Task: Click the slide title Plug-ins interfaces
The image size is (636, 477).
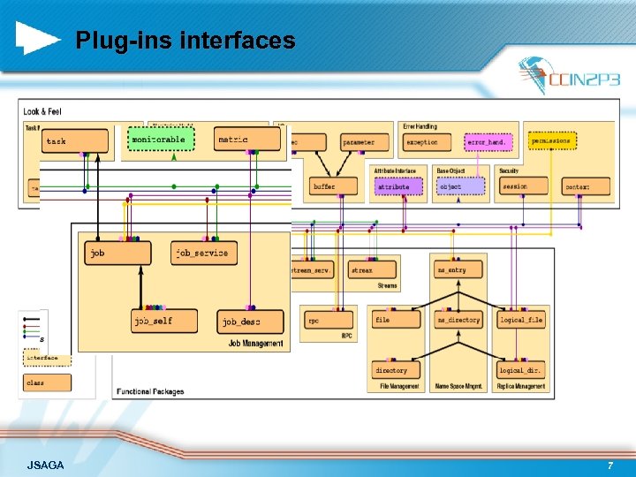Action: point(185,40)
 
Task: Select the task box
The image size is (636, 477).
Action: point(75,140)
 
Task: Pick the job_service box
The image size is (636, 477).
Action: point(204,253)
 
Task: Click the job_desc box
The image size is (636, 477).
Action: point(251,322)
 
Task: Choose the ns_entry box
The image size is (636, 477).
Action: point(458,269)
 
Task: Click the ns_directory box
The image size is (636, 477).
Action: point(458,319)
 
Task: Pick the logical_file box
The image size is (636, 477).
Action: point(521,319)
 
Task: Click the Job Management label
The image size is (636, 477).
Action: point(255,343)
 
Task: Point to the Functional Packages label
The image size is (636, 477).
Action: point(149,391)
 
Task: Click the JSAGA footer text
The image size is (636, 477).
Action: point(45,465)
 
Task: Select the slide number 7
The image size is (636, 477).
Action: point(609,465)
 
